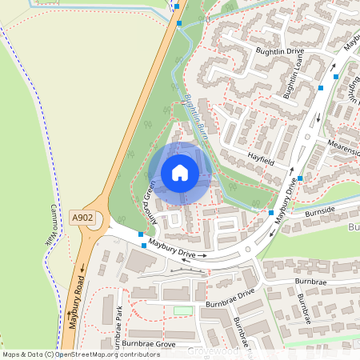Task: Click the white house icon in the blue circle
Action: (x=180, y=172)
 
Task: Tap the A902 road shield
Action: (x=82, y=218)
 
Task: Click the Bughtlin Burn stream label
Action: (x=195, y=114)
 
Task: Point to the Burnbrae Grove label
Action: (x=149, y=343)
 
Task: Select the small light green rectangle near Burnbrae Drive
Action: (x=183, y=310)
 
